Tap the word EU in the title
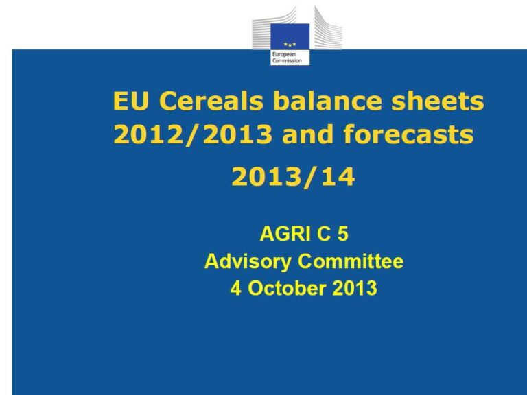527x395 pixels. (130, 100)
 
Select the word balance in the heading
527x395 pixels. (327, 100)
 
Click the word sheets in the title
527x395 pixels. (438, 100)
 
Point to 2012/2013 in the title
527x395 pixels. (193, 134)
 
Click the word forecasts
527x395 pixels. (408, 134)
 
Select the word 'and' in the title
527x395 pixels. (308, 134)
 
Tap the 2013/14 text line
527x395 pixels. (293, 177)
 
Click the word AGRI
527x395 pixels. (285, 233)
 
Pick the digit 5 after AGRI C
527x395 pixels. (343, 233)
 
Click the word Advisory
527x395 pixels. (248, 262)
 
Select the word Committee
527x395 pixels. (351, 261)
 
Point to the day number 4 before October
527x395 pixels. (235, 289)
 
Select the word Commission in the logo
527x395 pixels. (287, 61)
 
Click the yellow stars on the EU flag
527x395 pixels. (290, 44)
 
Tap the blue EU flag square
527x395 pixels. (290, 36)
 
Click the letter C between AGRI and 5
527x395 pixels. (324, 233)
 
